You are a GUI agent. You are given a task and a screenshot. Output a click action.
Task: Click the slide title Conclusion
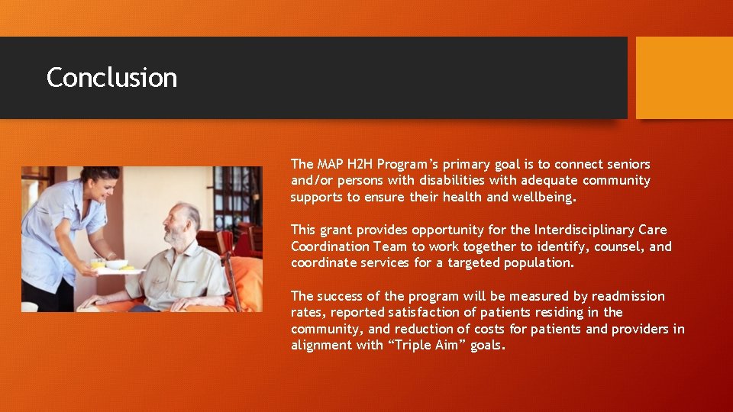point(111,78)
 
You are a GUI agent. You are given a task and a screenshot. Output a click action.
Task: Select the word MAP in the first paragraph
point(326,164)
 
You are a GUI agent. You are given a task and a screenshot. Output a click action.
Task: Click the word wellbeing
point(545,198)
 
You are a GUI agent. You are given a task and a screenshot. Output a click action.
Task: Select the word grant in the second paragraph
point(337,230)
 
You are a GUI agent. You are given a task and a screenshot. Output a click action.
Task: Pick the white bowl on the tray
point(117,264)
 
